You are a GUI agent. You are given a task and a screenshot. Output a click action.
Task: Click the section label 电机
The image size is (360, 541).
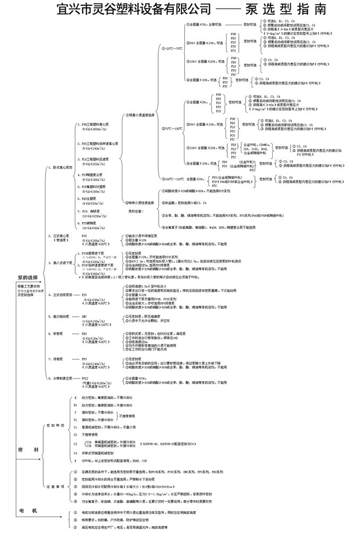pyautogui.click(x=26, y=510)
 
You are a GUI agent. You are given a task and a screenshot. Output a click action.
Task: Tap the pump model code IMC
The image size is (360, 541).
pyautogui.click(x=84, y=316)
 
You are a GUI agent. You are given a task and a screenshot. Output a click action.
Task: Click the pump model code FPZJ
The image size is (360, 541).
pyautogui.click(x=85, y=378)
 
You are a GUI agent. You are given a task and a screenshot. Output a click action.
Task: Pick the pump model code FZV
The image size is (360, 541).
pyautogui.click(x=84, y=294)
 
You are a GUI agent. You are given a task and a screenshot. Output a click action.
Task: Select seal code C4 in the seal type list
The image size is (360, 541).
pyautogui.click(x=76, y=453)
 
